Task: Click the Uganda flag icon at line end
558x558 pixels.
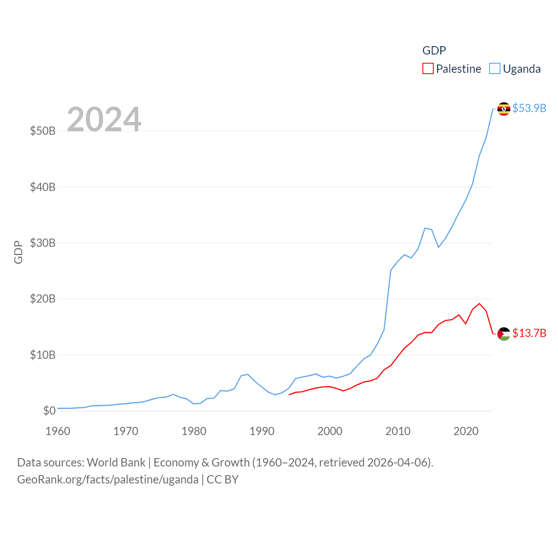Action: coord(504,109)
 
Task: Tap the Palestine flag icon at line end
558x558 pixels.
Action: coord(504,334)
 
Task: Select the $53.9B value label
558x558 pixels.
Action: coord(529,108)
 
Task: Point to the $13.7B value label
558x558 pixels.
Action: coord(529,333)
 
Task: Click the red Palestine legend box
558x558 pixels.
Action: coord(428,69)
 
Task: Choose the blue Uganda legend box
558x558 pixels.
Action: coord(495,69)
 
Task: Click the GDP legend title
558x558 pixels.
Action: coord(434,51)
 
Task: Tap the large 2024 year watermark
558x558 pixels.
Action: coord(104,119)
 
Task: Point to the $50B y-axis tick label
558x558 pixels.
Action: coord(43,131)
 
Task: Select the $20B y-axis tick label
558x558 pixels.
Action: coord(43,299)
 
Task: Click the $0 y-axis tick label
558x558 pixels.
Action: coord(49,411)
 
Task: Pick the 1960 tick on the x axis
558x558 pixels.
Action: coord(58,431)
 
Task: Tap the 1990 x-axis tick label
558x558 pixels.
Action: coord(262,431)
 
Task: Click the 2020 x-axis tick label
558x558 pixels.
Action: coord(466,431)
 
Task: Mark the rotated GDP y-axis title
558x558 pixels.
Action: coord(18,252)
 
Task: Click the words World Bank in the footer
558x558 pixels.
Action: coord(116,462)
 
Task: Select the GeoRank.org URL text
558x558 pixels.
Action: coord(108,480)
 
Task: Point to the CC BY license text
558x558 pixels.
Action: coord(222,480)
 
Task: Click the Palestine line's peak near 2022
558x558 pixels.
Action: coord(479,303)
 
